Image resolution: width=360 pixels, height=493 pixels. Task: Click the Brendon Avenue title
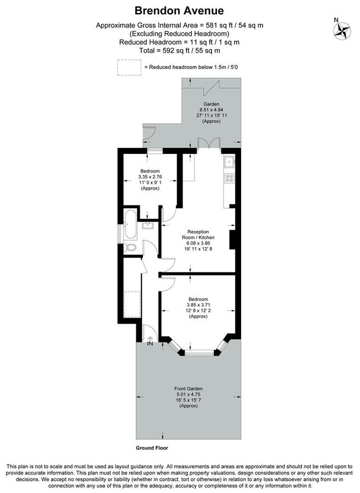pos(179,10)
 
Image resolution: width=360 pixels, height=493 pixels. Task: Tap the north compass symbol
pos(344,31)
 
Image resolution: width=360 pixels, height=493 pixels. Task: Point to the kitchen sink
pos(229,162)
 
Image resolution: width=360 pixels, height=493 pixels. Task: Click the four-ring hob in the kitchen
pos(229,179)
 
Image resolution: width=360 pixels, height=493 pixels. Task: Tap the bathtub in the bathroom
pos(130,225)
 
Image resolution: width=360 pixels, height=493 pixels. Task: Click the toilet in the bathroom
pos(130,248)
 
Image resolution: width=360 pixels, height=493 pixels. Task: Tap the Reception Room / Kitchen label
pos(198,234)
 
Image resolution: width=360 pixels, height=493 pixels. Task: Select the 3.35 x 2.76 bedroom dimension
pos(150,177)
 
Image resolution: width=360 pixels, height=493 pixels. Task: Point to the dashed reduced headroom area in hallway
pos(133,308)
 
